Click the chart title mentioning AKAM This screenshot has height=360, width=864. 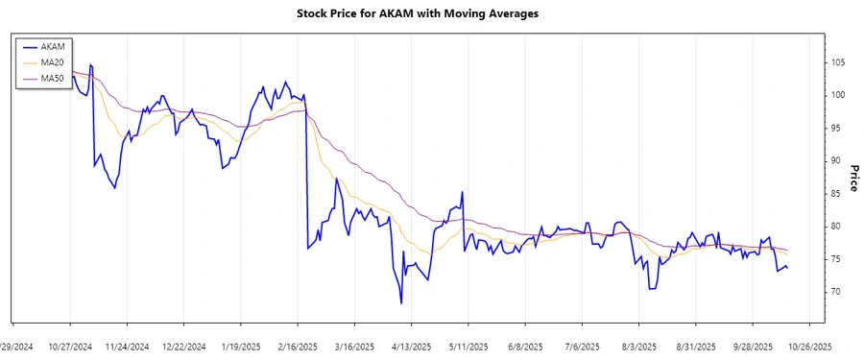click(x=432, y=15)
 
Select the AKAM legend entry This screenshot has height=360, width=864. click(x=53, y=46)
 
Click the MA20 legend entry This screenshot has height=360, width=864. click(x=53, y=62)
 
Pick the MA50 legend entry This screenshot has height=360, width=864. click(x=53, y=79)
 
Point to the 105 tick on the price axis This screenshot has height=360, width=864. click(x=838, y=62)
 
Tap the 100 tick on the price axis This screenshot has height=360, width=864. click(x=838, y=95)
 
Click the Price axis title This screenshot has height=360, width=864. click(x=853, y=178)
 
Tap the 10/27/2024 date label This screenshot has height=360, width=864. click(x=70, y=347)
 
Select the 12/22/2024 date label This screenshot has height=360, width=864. click(x=183, y=347)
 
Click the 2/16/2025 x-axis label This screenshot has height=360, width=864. click(x=298, y=347)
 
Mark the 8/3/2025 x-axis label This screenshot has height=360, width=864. click(x=638, y=347)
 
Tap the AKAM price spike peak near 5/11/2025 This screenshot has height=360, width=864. click(x=463, y=192)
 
